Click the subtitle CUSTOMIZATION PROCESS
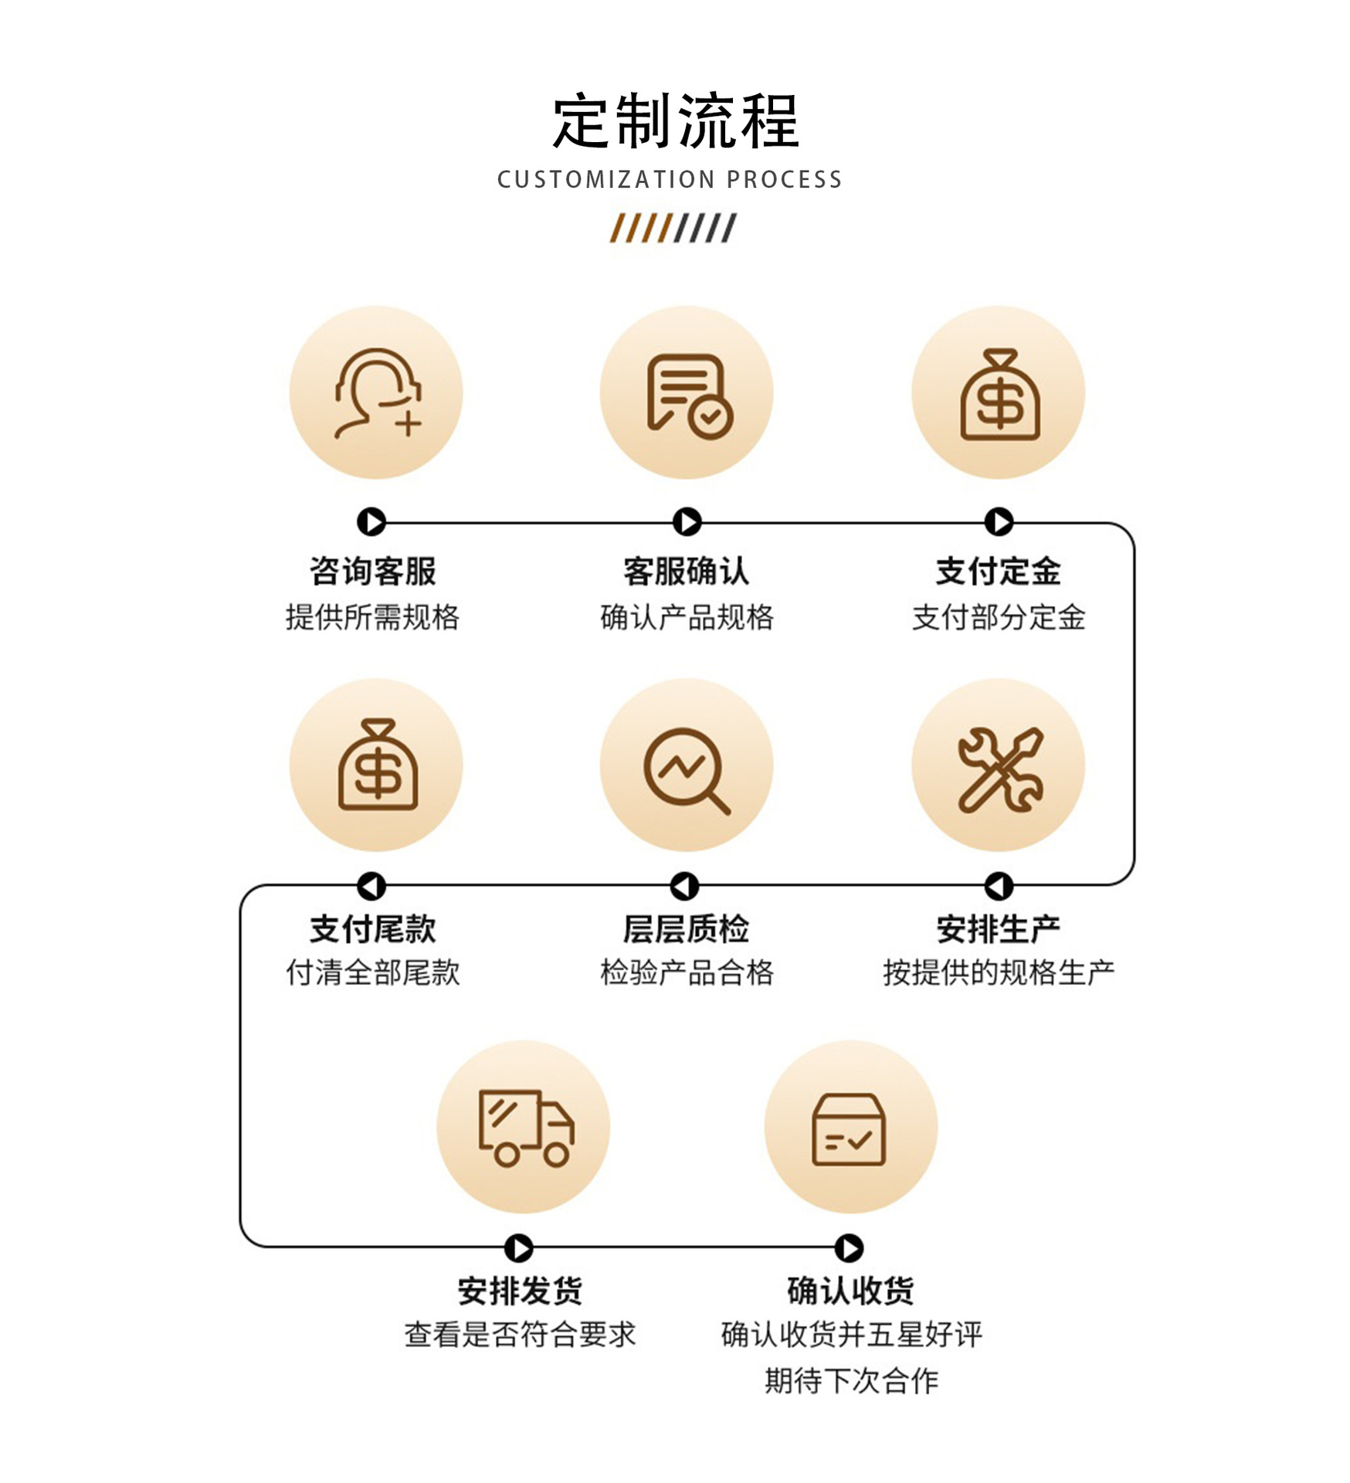pos(670,179)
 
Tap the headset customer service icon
pos(378,393)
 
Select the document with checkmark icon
pos(690,396)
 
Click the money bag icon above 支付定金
pos(1000,395)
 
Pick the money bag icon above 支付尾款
pos(378,765)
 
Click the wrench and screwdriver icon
pos(1000,769)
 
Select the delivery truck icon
pos(526,1128)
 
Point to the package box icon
pos(849,1128)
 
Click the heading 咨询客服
pos(373,572)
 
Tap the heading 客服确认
pos(687,572)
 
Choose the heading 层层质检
pos(687,928)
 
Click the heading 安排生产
pos(999,928)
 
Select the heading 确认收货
pos(850,1290)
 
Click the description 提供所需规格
pos(372,617)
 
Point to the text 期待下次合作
pos(851,1380)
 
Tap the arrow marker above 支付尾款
pos(371,886)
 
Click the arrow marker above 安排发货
pos(519,1247)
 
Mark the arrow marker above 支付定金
pos(999,521)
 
